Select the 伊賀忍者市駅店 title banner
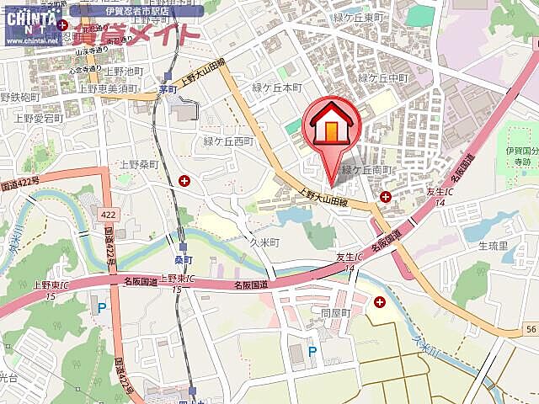(x=137, y=10)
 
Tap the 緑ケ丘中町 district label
(x=383, y=77)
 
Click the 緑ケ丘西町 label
(x=228, y=141)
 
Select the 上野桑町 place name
(x=139, y=164)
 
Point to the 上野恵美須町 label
(x=109, y=88)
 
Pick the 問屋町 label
(x=334, y=311)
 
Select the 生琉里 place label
(x=493, y=246)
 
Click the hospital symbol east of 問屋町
(x=380, y=301)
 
